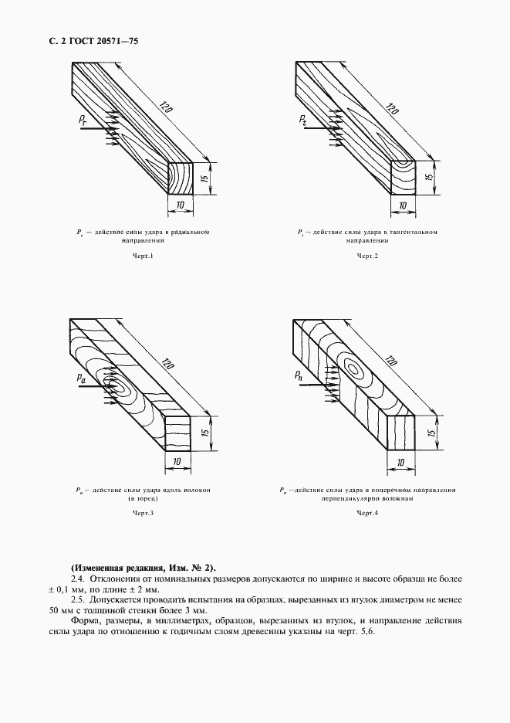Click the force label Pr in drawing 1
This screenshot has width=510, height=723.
tap(83, 120)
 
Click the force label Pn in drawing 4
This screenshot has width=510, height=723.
tap(299, 376)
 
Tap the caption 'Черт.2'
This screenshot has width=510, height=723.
tap(366, 256)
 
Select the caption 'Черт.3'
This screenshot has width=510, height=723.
tap(143, 513)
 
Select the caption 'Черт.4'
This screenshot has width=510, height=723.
tap(366, 513)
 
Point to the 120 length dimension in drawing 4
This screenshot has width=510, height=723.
tap(390, 363)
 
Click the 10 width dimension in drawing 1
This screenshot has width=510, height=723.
tap(180, 205)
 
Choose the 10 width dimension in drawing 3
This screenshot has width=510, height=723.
tap(177, 461)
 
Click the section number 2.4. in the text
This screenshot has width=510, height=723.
tap(77, 578)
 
